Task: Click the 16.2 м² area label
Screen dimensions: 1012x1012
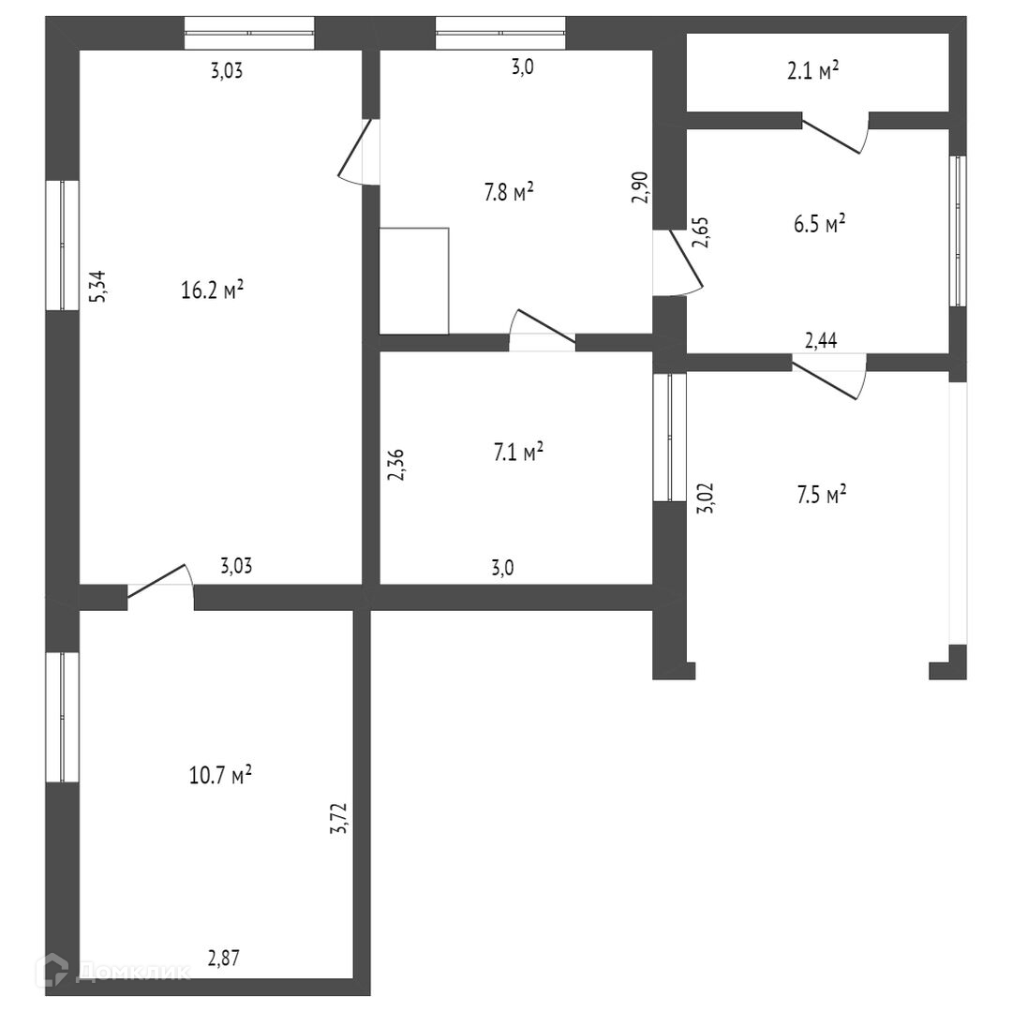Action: (x=212, y=290)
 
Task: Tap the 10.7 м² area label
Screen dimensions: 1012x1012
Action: (x=220, y=775)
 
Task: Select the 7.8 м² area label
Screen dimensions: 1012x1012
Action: (x=509, y=193)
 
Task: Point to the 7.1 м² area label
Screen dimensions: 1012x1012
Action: (x=519, y=454)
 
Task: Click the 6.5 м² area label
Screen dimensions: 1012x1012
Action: (x=821, y=224)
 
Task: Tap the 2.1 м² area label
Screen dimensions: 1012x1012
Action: (x=812, y=72)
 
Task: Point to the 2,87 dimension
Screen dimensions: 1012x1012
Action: (x=225, y=958)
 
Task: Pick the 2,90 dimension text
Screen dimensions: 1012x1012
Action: (x=640, y=187)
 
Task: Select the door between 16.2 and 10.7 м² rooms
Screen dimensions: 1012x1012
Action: (x=159, y=582)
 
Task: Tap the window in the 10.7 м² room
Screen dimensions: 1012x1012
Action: (x=63, y=717)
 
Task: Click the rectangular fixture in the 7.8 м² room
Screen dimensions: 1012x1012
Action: (x=414, y=280)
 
